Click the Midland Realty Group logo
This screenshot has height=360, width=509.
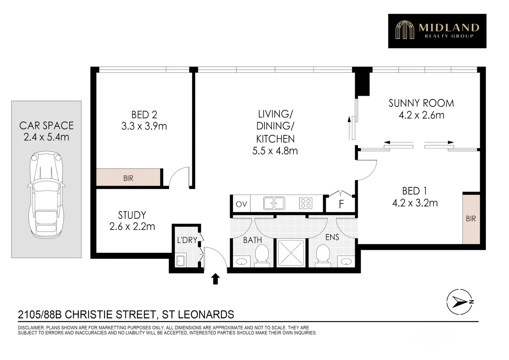[x=437, y=31]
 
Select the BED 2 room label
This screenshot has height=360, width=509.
[x=144, y=115]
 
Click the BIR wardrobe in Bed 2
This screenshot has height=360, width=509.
[x=128, y=178]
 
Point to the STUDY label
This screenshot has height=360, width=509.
[x=132, y=215]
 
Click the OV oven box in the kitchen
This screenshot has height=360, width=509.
[x=241, y=204]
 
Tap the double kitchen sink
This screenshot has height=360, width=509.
[x=274, y=203]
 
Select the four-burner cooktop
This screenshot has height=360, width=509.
[x=305, y=203]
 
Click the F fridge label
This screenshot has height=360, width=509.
[x=341, y=204]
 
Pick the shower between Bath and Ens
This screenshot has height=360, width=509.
[x=291, y=253]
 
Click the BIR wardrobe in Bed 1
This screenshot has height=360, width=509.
[x=471, y=219]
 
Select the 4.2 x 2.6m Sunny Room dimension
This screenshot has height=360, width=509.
[x=421, y=115]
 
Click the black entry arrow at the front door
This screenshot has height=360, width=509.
[x=216, y=279]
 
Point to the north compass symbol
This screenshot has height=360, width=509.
[x=460, y=302]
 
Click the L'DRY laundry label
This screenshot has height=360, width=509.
[x=187, y=240]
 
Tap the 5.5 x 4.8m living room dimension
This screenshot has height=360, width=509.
[x=275, y=151]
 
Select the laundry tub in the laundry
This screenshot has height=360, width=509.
[x=180, y=261]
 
